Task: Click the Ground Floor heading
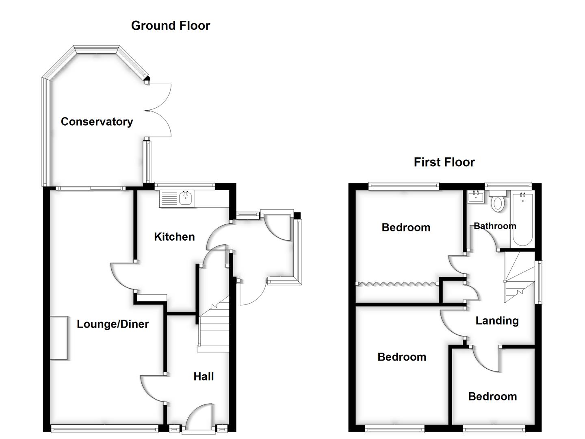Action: [x=170, y=26]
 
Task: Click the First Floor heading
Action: [x=444, y=162]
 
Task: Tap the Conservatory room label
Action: [x=97, y=122]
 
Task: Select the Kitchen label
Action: [x=174, y=237]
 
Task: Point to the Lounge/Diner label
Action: [x=113, y=324]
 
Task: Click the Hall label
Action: [x=204, y=376]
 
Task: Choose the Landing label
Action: [x=497, y=321]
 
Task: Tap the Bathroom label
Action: [x=495, y=226]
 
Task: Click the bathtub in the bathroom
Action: [x=522, y=219]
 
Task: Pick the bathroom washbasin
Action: [x=475, y=198]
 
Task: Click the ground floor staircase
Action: [x=214, y=329]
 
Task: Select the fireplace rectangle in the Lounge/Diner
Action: [x=59, y=338]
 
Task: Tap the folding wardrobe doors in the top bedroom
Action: [x=397, y=283]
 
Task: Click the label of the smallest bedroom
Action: [x=492, y=396]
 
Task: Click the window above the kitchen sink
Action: [x=185, y=185]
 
